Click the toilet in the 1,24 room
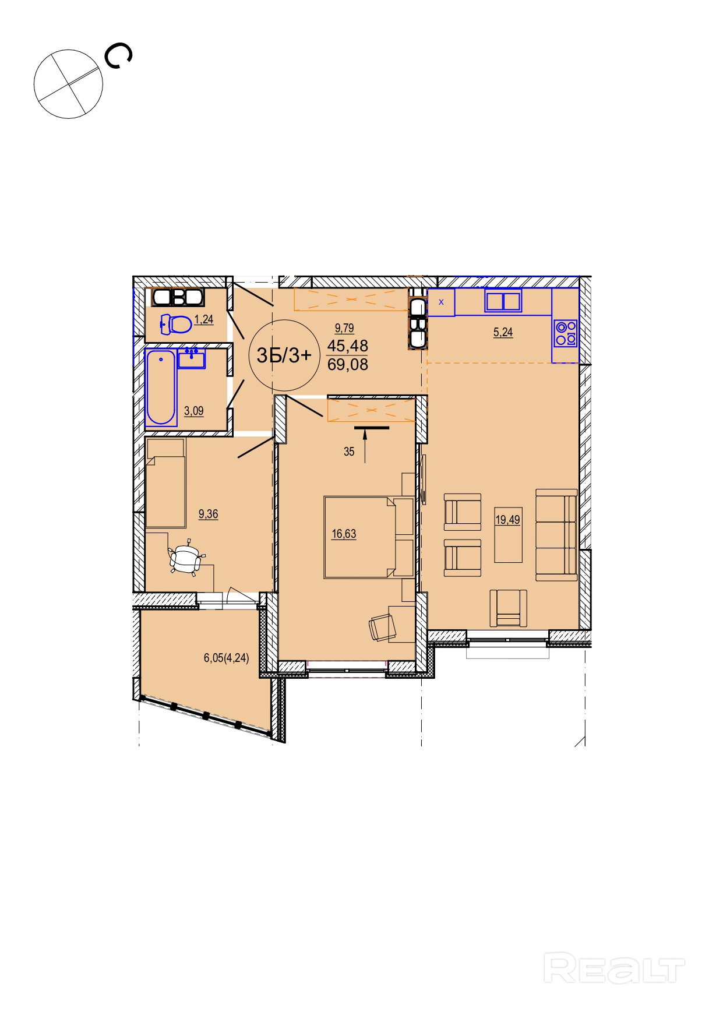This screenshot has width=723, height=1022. click(x=176, y=324)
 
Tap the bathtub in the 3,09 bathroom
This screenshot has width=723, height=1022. click(x=161, y=387)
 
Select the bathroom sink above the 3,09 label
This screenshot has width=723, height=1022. click(x=192, y=359)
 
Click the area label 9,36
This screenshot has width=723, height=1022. click(x=209, y=514)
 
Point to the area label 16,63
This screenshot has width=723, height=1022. click(x=344, y=534)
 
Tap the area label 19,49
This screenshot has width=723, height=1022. click(x=508, y=519)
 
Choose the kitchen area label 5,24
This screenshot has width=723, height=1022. click(x=503, y=332)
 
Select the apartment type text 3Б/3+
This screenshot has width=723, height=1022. click(x=284, y=355)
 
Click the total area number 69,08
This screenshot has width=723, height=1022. click(x=348, y=365)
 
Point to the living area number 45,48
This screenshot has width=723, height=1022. click(x=348, y=346)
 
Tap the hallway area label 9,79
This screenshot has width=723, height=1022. click(x=344, y=328)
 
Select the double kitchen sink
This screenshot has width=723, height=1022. click(x=503, y=301)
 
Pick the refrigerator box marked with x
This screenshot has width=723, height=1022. click(x=441, y=302)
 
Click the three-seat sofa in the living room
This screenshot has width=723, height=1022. click(x=556, y=535)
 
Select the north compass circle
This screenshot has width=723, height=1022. click(x=68, y=84)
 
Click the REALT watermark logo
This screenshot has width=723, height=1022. click(x=614, y=968)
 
